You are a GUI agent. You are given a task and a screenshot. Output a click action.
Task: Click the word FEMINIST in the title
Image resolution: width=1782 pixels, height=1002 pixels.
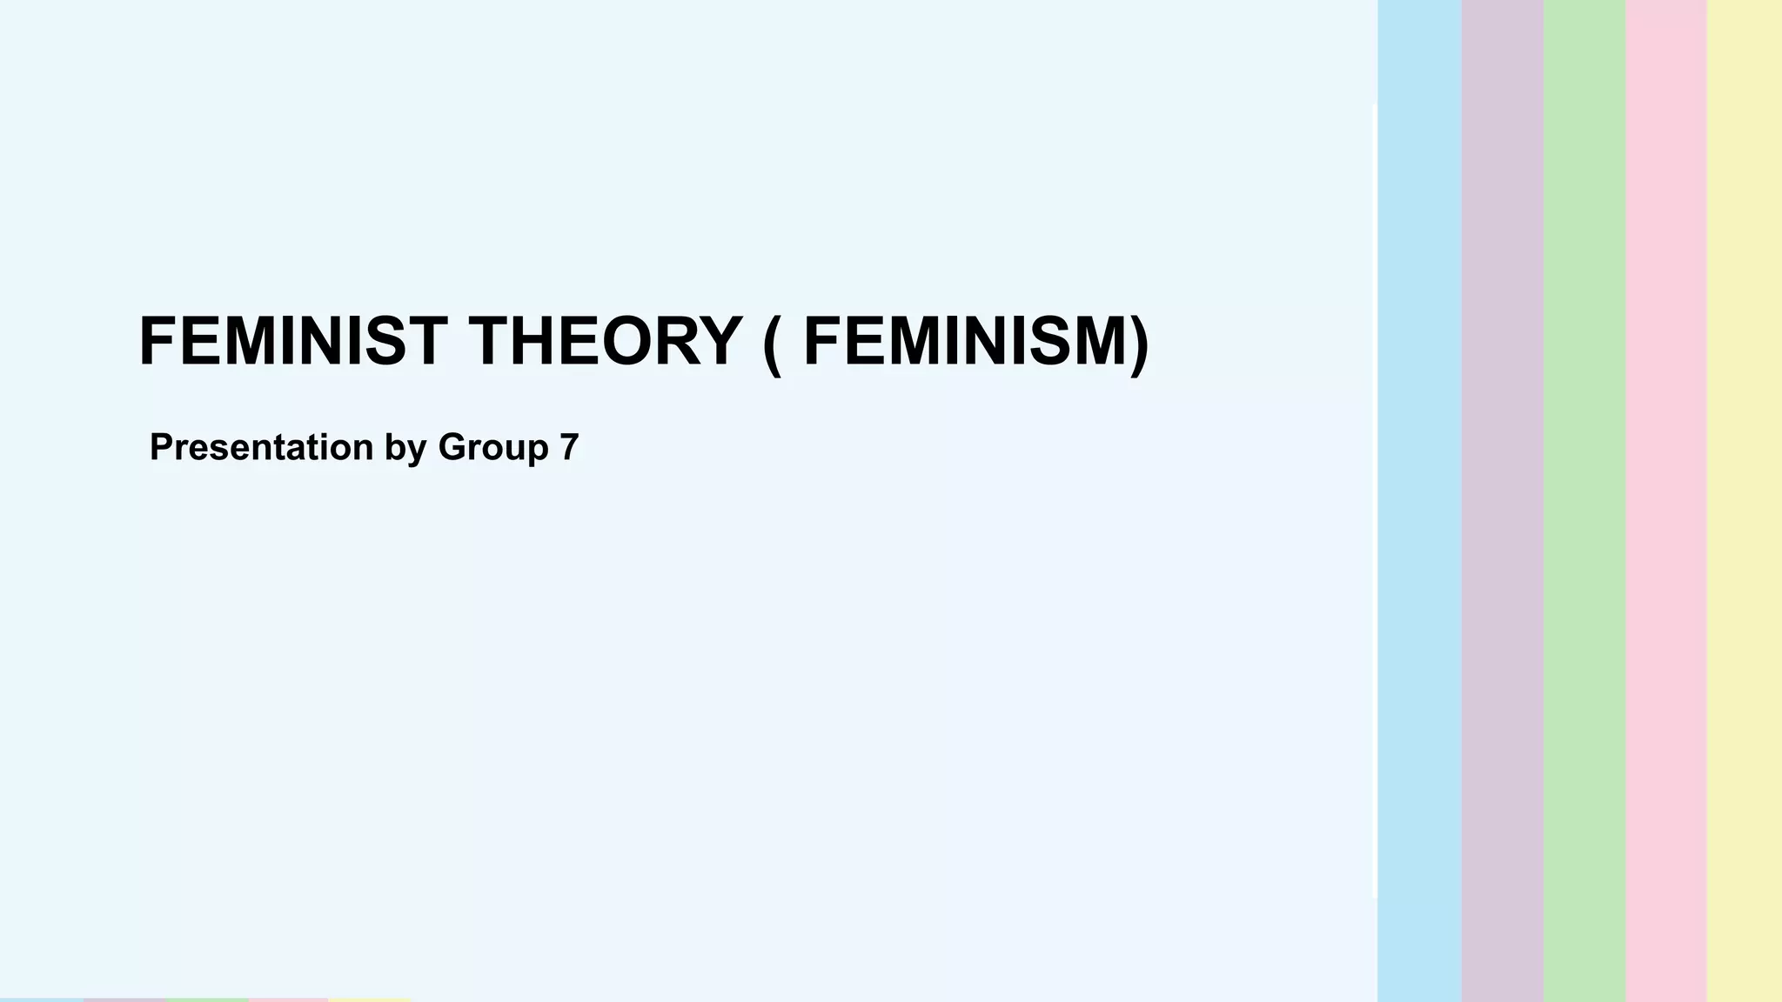click(x=292, y=341)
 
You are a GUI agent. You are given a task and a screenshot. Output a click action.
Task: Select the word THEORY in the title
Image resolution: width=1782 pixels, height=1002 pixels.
click(x=606, y=341)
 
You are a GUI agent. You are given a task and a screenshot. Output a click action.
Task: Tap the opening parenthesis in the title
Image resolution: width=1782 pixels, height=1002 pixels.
click(x=771, y=343)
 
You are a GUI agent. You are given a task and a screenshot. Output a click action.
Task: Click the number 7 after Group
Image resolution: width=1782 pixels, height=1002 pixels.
click(x=569, y=447)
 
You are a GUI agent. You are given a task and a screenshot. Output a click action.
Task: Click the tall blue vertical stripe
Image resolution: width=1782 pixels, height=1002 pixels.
click(x=1419, y=501)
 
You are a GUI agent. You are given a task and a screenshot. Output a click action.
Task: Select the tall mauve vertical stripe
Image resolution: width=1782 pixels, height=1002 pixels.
click(x=1502, y=501)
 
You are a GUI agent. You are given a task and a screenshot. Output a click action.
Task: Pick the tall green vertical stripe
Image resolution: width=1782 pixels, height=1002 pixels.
click(x=1584, y=501)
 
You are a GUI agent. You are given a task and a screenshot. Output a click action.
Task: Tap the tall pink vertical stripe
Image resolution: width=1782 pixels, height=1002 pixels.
click(x=1665, y=501)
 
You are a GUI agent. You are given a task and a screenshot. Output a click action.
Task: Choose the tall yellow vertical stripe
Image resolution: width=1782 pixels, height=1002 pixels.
click(x=1745, y=501)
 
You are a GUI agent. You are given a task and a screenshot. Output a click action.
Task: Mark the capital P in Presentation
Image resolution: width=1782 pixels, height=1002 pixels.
click(x=162, y=447)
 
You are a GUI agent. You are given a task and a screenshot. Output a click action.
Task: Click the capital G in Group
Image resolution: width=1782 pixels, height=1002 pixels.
click(x=452, y=447)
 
